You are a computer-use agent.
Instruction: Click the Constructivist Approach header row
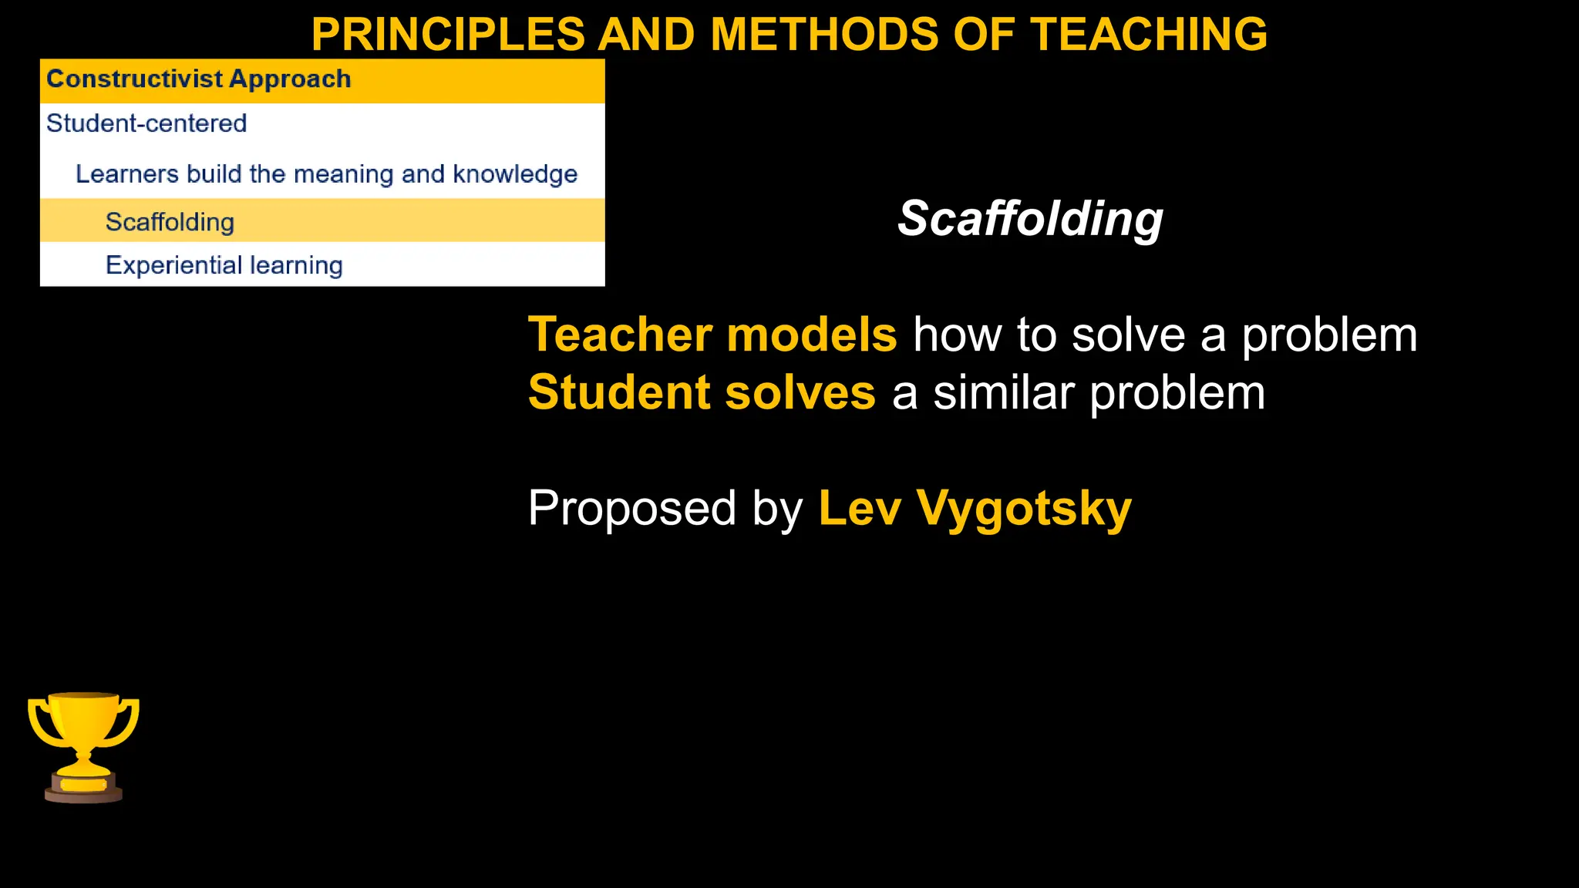click(322, 80)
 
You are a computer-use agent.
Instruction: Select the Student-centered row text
click(146, 123)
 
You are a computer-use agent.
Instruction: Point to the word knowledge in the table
click(515, 174)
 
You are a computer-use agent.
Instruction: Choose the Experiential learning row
click(224, 265)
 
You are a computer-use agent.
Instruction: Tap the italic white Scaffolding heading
click(1030, 219)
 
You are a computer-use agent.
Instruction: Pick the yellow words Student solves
click(702, 392)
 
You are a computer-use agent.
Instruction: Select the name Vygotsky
click(1024, 510)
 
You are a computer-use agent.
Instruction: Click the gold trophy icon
click(83, 736)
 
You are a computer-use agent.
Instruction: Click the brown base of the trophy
click(83, 794)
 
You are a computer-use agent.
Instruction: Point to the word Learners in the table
click(126, 174)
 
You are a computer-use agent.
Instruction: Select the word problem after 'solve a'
click(1329, 336)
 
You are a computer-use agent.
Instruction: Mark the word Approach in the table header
click(290, 79)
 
